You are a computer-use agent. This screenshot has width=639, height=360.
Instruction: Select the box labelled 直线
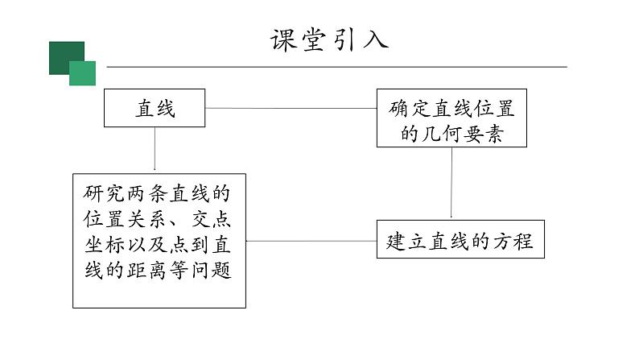(x=155, y=109)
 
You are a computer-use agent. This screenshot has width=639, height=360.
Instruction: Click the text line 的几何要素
(x=451, y=134)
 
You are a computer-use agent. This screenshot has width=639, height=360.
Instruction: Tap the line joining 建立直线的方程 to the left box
(x=311, y=241)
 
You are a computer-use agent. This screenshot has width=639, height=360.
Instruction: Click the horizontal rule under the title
(x=338, y=67)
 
